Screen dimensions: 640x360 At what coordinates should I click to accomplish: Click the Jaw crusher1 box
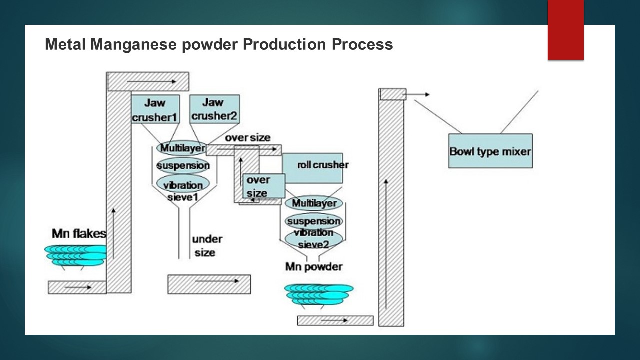click(155, 109)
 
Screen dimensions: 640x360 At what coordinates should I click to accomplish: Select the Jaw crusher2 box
click(215, 109)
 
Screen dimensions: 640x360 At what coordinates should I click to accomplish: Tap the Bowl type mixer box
click(490, 151)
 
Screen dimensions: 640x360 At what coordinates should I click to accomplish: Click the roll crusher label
click(323, 165)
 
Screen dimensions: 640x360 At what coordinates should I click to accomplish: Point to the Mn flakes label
click(79, 234)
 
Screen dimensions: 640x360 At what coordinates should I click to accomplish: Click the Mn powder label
click(314, 267)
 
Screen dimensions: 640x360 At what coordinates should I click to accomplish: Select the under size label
click(207, 246)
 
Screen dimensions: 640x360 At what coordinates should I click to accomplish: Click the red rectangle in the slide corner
click(565, 30)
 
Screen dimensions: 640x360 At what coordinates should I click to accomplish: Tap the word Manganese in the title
click(133, 45)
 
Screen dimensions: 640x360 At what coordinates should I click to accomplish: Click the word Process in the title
click(362, 45)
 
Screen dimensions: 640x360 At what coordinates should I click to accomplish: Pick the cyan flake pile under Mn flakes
click(75, 256)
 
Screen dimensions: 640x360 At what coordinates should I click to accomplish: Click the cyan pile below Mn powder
click(319, 295)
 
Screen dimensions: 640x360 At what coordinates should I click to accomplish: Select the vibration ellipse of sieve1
click(183, 184)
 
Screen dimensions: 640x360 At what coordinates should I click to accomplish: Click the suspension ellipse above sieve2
click(313, 220)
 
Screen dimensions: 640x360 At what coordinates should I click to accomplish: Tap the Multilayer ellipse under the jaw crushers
click(182, 148)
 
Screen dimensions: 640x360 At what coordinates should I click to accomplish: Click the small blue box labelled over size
click(264, 186)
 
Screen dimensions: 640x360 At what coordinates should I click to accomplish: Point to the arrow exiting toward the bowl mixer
click(417, 94)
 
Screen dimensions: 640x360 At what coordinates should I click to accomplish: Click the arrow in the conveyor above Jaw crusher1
click(151, 81)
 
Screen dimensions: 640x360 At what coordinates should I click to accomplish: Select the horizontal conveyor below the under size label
click(209, 284)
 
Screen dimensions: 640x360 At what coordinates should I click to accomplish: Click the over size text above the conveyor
click(247, 138)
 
